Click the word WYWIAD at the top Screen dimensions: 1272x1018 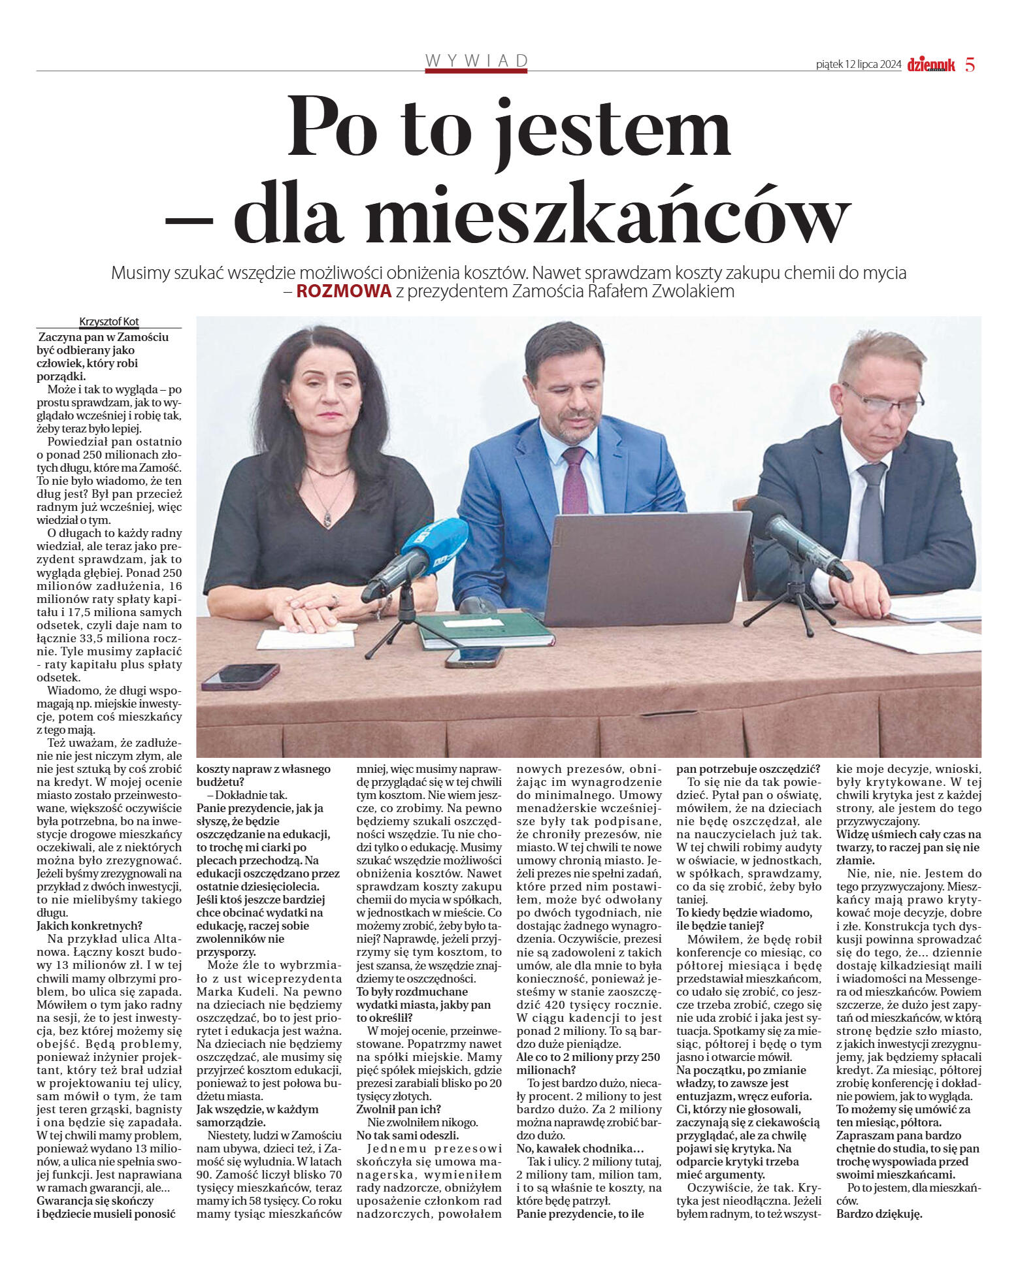pos(476,61)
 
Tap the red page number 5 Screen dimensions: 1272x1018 pos(970,65)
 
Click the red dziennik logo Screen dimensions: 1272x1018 pos(930,65)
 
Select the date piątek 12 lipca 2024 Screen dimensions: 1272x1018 pos(859,65)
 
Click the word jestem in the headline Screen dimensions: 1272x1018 pos(614,127)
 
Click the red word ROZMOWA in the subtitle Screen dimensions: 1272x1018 pos(344,291)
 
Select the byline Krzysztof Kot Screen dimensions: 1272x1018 pos(109,321)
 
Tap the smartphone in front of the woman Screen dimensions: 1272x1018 pos(240,676)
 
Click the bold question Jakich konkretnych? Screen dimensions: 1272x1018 pos(90,926)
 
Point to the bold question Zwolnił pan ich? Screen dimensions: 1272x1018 pos(399,1109)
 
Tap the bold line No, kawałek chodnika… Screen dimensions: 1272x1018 pos(580,1148)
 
